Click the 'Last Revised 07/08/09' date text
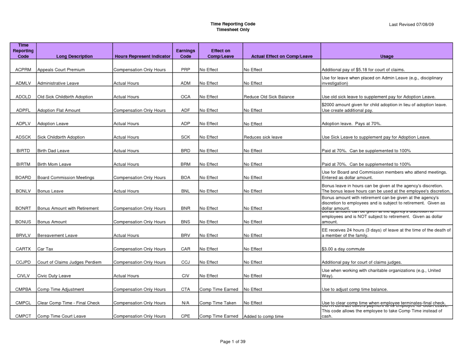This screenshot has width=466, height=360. coord(411,24)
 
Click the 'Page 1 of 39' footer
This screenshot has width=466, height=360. coord(233,341)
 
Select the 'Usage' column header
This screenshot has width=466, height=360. coord(387,56)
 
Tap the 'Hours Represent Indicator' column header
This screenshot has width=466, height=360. coord(143,56)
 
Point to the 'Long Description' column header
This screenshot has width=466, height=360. coord(74,56)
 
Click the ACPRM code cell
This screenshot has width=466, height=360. coord(23,70)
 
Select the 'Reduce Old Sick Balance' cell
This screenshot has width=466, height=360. coord(269,97)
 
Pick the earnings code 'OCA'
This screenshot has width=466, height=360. coord(185,97)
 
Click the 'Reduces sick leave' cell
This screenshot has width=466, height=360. coord(263,137)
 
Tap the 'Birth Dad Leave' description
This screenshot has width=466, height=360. coord(53,151)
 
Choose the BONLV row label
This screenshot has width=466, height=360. coord(23,191)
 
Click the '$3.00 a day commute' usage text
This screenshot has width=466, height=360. coord(343,249)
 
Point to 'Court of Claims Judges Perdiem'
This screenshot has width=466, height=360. coord(69,262)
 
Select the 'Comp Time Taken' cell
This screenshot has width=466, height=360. coord(218,303)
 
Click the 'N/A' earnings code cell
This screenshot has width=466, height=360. coord(185,303)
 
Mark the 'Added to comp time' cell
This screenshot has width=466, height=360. coord(263,317)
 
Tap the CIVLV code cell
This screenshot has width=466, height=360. coord(23,276)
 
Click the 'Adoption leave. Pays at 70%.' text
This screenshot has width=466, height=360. coord(351,124)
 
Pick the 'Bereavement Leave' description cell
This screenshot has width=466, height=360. coord(58,235)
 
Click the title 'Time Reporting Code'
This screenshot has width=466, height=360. coord(233,24)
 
